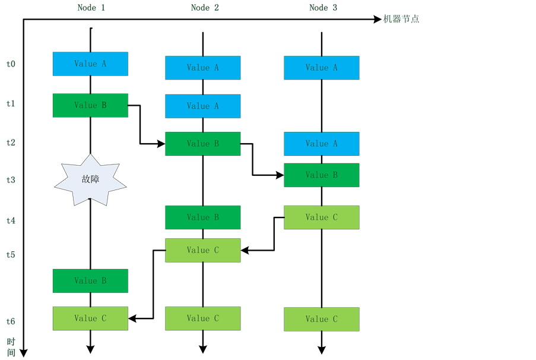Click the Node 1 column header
[x=91, y=7]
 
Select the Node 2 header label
[x=205, y=7]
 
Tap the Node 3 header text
[x=323, y=7]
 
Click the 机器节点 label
[x=401, y=19]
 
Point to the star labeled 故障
[x=90, y=179]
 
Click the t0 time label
[x=11, y=64]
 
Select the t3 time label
[x=11, y=179]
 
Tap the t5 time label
[x=11, y=254]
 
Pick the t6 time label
[x=11, y=321]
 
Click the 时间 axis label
[x=11, y=348]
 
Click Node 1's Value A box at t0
[x=90, y=64]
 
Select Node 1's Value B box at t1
[x=90, y=105]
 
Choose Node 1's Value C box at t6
[x=90, y=318]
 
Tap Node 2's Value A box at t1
[x=202, y=106]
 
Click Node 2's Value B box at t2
[x=202, y=144]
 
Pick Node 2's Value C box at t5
[x=202, y=250]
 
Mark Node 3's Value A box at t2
[x=321, y=144]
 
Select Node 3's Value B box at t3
[x=321, y=175]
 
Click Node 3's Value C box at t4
[x=321, y=217]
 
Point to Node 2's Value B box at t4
[x=202, y=217]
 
